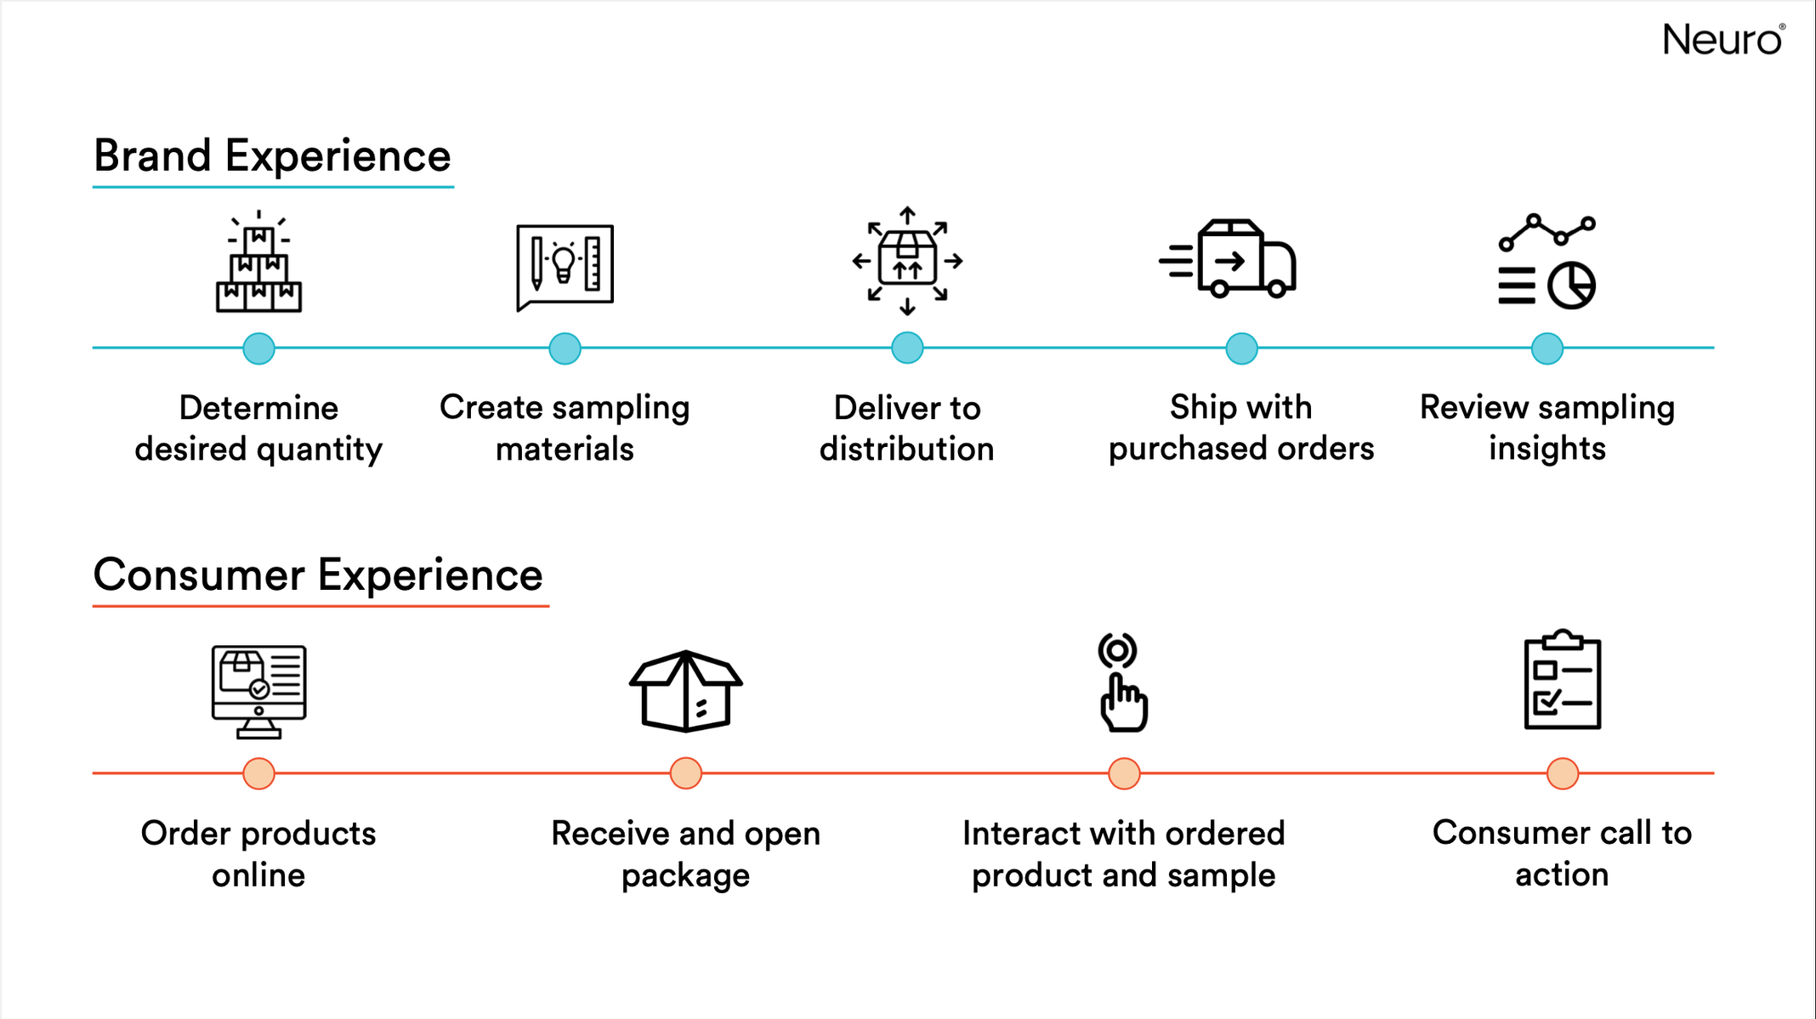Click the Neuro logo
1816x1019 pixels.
(x=1723, y=40)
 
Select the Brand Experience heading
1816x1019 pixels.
(x=272, y=156)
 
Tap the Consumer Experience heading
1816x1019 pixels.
(x=318, y=575)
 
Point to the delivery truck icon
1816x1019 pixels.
(x=1228, y=258)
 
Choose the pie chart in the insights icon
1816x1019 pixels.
(x=1571, y=286)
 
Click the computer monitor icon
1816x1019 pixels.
(x=258, y=691)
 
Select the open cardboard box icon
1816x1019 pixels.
(x=685, y=691)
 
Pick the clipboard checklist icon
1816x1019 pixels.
(x=1563, y=680)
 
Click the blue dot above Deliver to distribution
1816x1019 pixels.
(x=907, y=348)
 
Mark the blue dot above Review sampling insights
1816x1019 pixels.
(x=1547, y=348)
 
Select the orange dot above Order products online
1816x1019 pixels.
(x=258, y=773)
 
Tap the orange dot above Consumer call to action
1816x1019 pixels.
(x=1563, y=773)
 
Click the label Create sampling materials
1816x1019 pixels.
(x=565, y=427)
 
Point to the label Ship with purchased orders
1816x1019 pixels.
(x=1241, y=427)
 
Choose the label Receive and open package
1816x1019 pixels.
(x=685, y=853)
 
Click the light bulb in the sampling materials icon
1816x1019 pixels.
(x=564, y=263)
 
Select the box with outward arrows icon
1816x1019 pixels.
(x=907, y=260)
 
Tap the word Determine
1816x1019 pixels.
(x=258, y=408)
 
